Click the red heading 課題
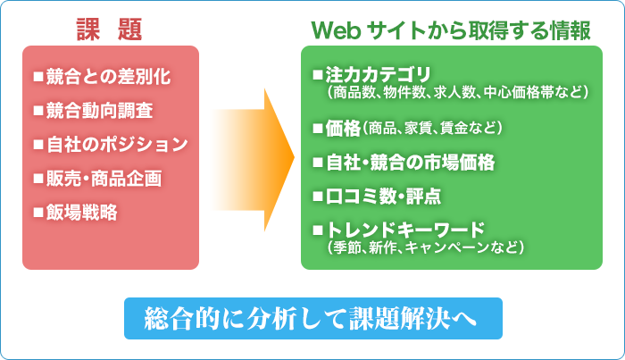tap(109, 29)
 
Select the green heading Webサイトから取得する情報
tap(451, 30)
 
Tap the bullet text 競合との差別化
tap(108, 77)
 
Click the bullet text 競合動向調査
tap(100, 111)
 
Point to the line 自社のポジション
tap(117, 145)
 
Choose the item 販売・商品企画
tap(104, 178)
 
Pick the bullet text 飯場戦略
tap(82, 212)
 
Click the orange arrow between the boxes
tap(253, 160)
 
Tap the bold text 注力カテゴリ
tap(379, 74)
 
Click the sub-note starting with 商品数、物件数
tap(457, 93)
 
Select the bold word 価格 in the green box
tap(343, 129)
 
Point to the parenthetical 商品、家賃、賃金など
tap(432, 129)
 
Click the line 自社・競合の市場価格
tap(410, 163)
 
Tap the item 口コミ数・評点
tap(383, 197)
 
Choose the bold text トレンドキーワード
tap(405, 230)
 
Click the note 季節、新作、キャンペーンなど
tap(426, 247)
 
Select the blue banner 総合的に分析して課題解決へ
tap(313, 319)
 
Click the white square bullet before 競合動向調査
tap(38, 111)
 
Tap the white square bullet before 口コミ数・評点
tap(318, 197)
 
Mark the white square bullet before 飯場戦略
tap(38, 212)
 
